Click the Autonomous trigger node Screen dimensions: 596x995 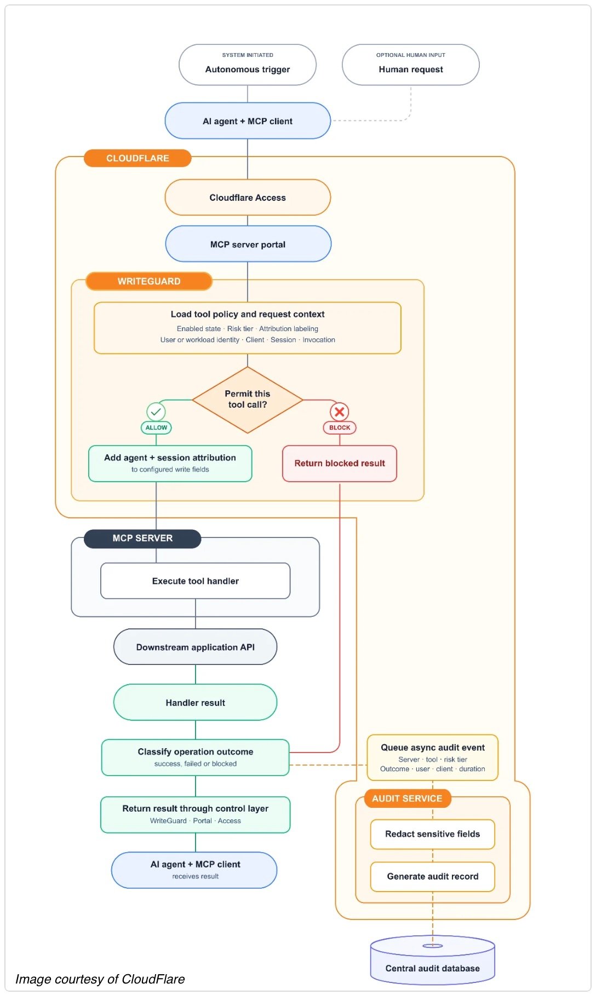[x=248, y=65]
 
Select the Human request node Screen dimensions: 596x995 [x=411, y=65]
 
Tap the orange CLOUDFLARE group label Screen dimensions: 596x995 [x=137, y=158]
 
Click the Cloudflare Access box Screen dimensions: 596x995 [x=248, y=198]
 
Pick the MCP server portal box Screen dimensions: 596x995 [x=248, y=244]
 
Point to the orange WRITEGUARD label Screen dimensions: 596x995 [x=149, y=281]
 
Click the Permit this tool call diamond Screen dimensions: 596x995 [x=248, y=400]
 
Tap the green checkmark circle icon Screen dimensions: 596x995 [x=156, y=412]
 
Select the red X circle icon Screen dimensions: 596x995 [x=340, y=412]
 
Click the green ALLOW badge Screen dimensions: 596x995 [x=156, y=427]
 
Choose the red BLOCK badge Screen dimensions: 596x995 [x=340, y=427]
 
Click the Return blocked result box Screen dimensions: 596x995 [x=340, y=464]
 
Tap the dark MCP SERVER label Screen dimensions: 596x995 [x=142, y=539]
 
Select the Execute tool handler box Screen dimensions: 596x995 [x=196, y=581]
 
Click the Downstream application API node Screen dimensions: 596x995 [x=196, y=647]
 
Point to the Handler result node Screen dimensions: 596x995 [x=196, y=702]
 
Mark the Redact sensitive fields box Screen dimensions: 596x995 [x=433, y=834]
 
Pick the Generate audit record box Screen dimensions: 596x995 [x=433, y=876]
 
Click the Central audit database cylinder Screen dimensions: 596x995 [x=433, y=959]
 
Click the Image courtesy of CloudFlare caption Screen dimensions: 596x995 [x=100, y=979]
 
